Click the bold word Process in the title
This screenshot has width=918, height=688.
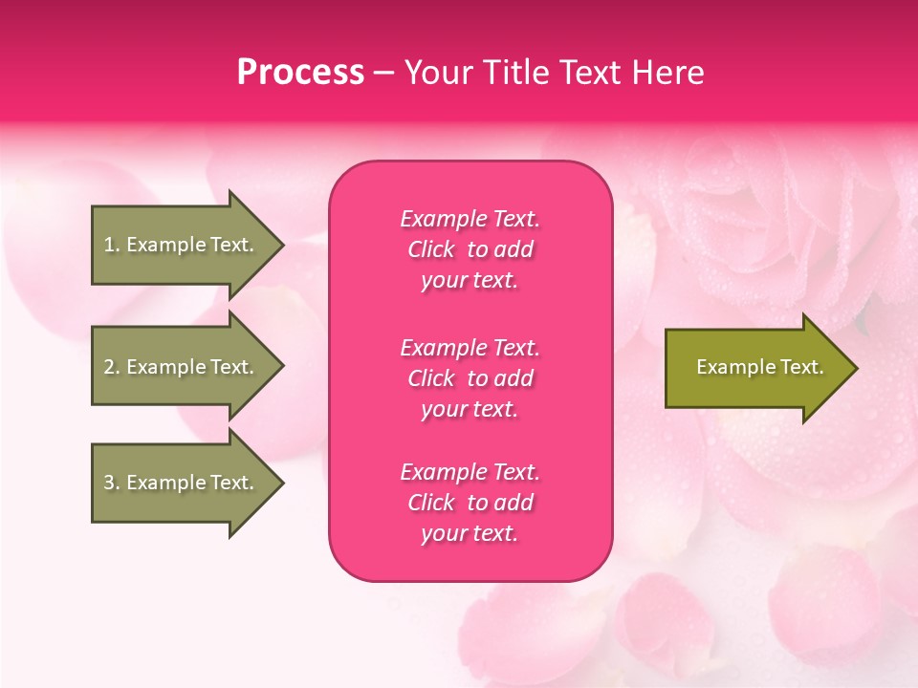tap(300, 73)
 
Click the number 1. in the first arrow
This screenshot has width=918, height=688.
tap(111, 245)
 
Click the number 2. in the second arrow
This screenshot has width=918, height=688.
tap(111, 367)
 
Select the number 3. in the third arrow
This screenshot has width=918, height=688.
tap(111, 483)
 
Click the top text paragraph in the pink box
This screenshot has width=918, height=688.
tap(470, 249)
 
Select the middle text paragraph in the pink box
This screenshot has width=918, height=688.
tap(470, 378)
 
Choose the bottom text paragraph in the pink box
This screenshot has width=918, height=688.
tap(470, 503)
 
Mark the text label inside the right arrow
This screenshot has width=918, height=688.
tap(759, 367)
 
